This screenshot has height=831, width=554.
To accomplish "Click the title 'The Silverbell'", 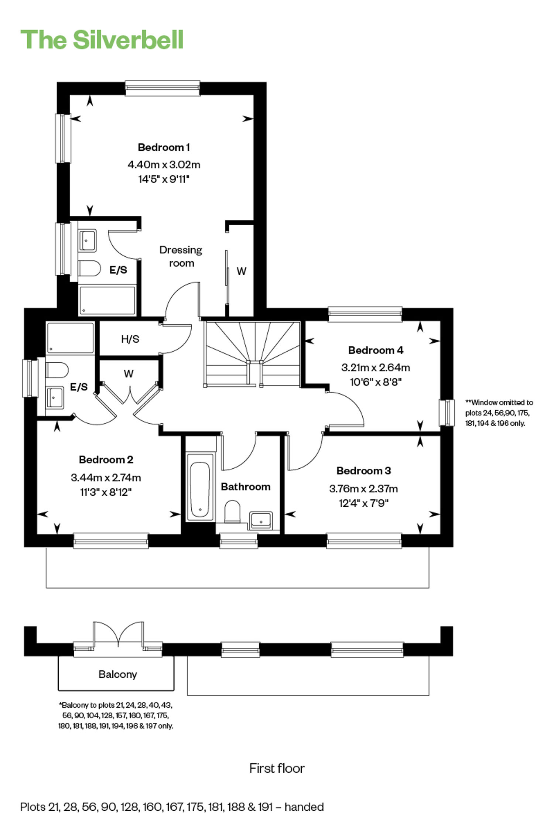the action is click(x=102, y=40).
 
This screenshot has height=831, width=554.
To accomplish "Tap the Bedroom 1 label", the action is click(x=164, y=147).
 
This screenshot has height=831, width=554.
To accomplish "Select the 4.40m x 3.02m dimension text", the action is click(x=164, y=164).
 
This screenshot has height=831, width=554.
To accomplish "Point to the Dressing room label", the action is click(x=181, y=256).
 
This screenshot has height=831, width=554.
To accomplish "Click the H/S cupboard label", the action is click(x=130, y=339).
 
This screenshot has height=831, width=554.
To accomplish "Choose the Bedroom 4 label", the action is click(x=376, y=350).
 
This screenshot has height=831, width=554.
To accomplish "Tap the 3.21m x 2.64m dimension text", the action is click(x=376, y=367).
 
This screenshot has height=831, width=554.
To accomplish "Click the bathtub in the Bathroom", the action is click(x=200, y=487).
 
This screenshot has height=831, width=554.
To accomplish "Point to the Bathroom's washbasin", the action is click(x=261, y=520).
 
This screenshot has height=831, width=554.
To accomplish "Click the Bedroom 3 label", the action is click(x=363, y=471).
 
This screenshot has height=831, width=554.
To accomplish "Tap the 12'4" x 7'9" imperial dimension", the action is click(x=363, y=503).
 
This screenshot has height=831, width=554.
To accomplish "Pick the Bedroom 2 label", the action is click(x=106, y=459).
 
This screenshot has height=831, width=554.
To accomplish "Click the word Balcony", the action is click(x=118, y=674).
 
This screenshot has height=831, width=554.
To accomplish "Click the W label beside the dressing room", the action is click(x=241, y=271).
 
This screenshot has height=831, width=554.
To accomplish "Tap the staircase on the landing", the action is click(x=253, y=354).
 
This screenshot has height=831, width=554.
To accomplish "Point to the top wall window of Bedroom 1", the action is click(x=163, y=88).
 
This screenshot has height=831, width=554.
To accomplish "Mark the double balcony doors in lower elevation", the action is click(x=118, y=634).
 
